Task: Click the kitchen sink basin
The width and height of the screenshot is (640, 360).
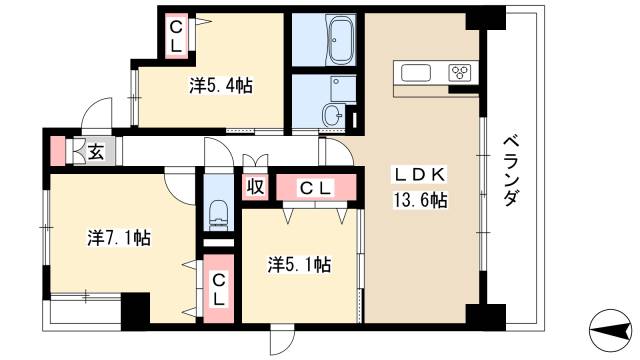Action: (x=414, y=72)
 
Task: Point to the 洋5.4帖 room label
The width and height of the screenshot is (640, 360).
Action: (x=220, y=85)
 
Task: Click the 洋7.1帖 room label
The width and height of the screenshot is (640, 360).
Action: (x=118, y=238)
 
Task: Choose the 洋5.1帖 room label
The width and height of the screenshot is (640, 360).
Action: (x=299, y=265)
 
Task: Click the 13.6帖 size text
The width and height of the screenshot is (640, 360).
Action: (x=419, y=201)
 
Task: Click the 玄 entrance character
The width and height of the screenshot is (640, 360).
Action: (x=94, y=152)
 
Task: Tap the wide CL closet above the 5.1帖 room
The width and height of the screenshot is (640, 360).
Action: (x=317, y=187)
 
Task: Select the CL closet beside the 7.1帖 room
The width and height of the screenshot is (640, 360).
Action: (x=218, y=289)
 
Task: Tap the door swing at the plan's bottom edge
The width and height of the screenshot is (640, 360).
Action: (x=281, y=340)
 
